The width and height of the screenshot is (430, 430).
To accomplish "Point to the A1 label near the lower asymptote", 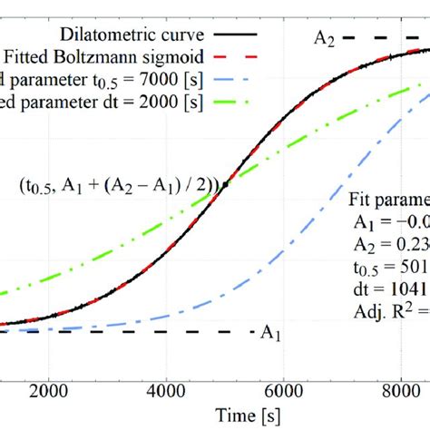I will [x=270, y=333].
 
